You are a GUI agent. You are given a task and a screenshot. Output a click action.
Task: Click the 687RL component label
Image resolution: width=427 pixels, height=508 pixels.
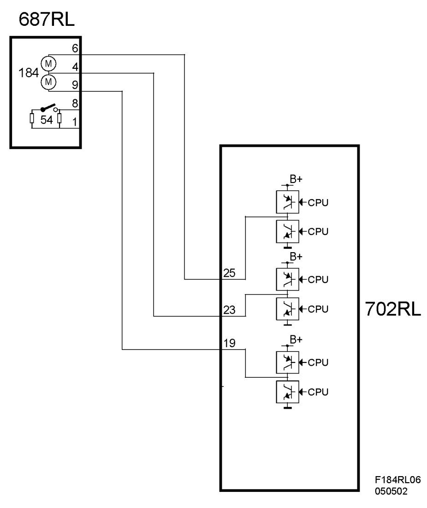pyautogui.click(x=47, y=19)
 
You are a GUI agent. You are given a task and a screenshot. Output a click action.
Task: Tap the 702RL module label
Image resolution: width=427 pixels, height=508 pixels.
pyautogui.click(x=393, y=309)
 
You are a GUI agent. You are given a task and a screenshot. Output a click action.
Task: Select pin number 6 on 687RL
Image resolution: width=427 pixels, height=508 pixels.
pyautogui.click(x=75, y=48)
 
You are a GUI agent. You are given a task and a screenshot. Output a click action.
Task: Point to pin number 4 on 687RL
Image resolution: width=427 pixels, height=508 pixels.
pyautogui.click(x=75, y=67)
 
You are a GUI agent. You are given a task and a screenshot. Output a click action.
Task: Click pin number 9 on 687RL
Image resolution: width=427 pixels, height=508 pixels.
pyautogui.click(x=75, y=85)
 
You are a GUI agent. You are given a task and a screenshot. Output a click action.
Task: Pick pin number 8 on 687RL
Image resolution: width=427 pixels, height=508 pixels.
pyautogui.click(x=75, y=103)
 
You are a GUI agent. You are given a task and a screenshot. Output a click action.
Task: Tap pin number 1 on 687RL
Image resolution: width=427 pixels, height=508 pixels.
pyautogui.click(x=75, y=122)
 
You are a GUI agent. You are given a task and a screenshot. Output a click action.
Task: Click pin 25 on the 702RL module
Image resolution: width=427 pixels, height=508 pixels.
pyautogui.click(x=229, y=273)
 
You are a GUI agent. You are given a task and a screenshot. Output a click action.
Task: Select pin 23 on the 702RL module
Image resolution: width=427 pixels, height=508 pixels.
pyautogui.click(x=229, y=310)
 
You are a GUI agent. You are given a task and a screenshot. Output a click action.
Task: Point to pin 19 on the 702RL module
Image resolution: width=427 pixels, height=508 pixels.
pyautogui.click(x=229, y=343)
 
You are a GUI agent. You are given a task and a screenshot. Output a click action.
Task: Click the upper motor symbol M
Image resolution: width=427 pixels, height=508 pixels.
pyautogui.click(x=48, y=64)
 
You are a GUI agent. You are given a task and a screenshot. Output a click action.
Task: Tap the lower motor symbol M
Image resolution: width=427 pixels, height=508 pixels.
pyautogui.click(x=48, y=82)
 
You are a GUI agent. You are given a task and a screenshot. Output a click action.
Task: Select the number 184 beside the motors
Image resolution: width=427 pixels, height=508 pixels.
pyautogui.click(x=29, y=73)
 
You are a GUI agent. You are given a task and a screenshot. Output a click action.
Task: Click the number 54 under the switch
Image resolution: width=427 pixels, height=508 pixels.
pyautogui.click(x=46, y=120)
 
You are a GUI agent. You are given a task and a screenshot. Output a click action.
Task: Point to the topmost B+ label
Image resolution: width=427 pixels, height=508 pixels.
pyautogui.click(x=296, y=179)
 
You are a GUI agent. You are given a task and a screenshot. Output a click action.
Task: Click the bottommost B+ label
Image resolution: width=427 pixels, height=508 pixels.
pyautogui.click(x=296, y=339)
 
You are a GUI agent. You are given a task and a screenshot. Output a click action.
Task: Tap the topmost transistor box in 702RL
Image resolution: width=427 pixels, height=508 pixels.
pyautogui.click(x=287, y=202)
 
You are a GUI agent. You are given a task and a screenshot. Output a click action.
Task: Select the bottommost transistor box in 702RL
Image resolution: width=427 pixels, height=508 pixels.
pyautogui.click(x=287, y=392)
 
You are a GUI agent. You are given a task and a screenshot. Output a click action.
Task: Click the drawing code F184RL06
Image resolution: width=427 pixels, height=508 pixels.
pyautogui.click(x=397, y=480)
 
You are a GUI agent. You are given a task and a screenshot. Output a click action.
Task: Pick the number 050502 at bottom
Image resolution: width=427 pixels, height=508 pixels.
pyautogui.click(x=391, y=491)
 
